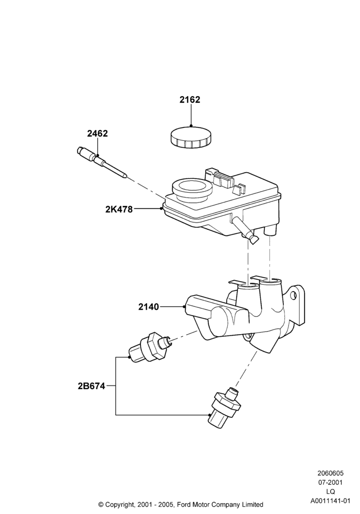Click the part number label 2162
point(189,100)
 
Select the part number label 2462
point(97,134)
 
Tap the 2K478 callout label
point(119,209)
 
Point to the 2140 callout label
point(148,307)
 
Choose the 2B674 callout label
point(92,386)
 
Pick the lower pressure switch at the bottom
point(225,407)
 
